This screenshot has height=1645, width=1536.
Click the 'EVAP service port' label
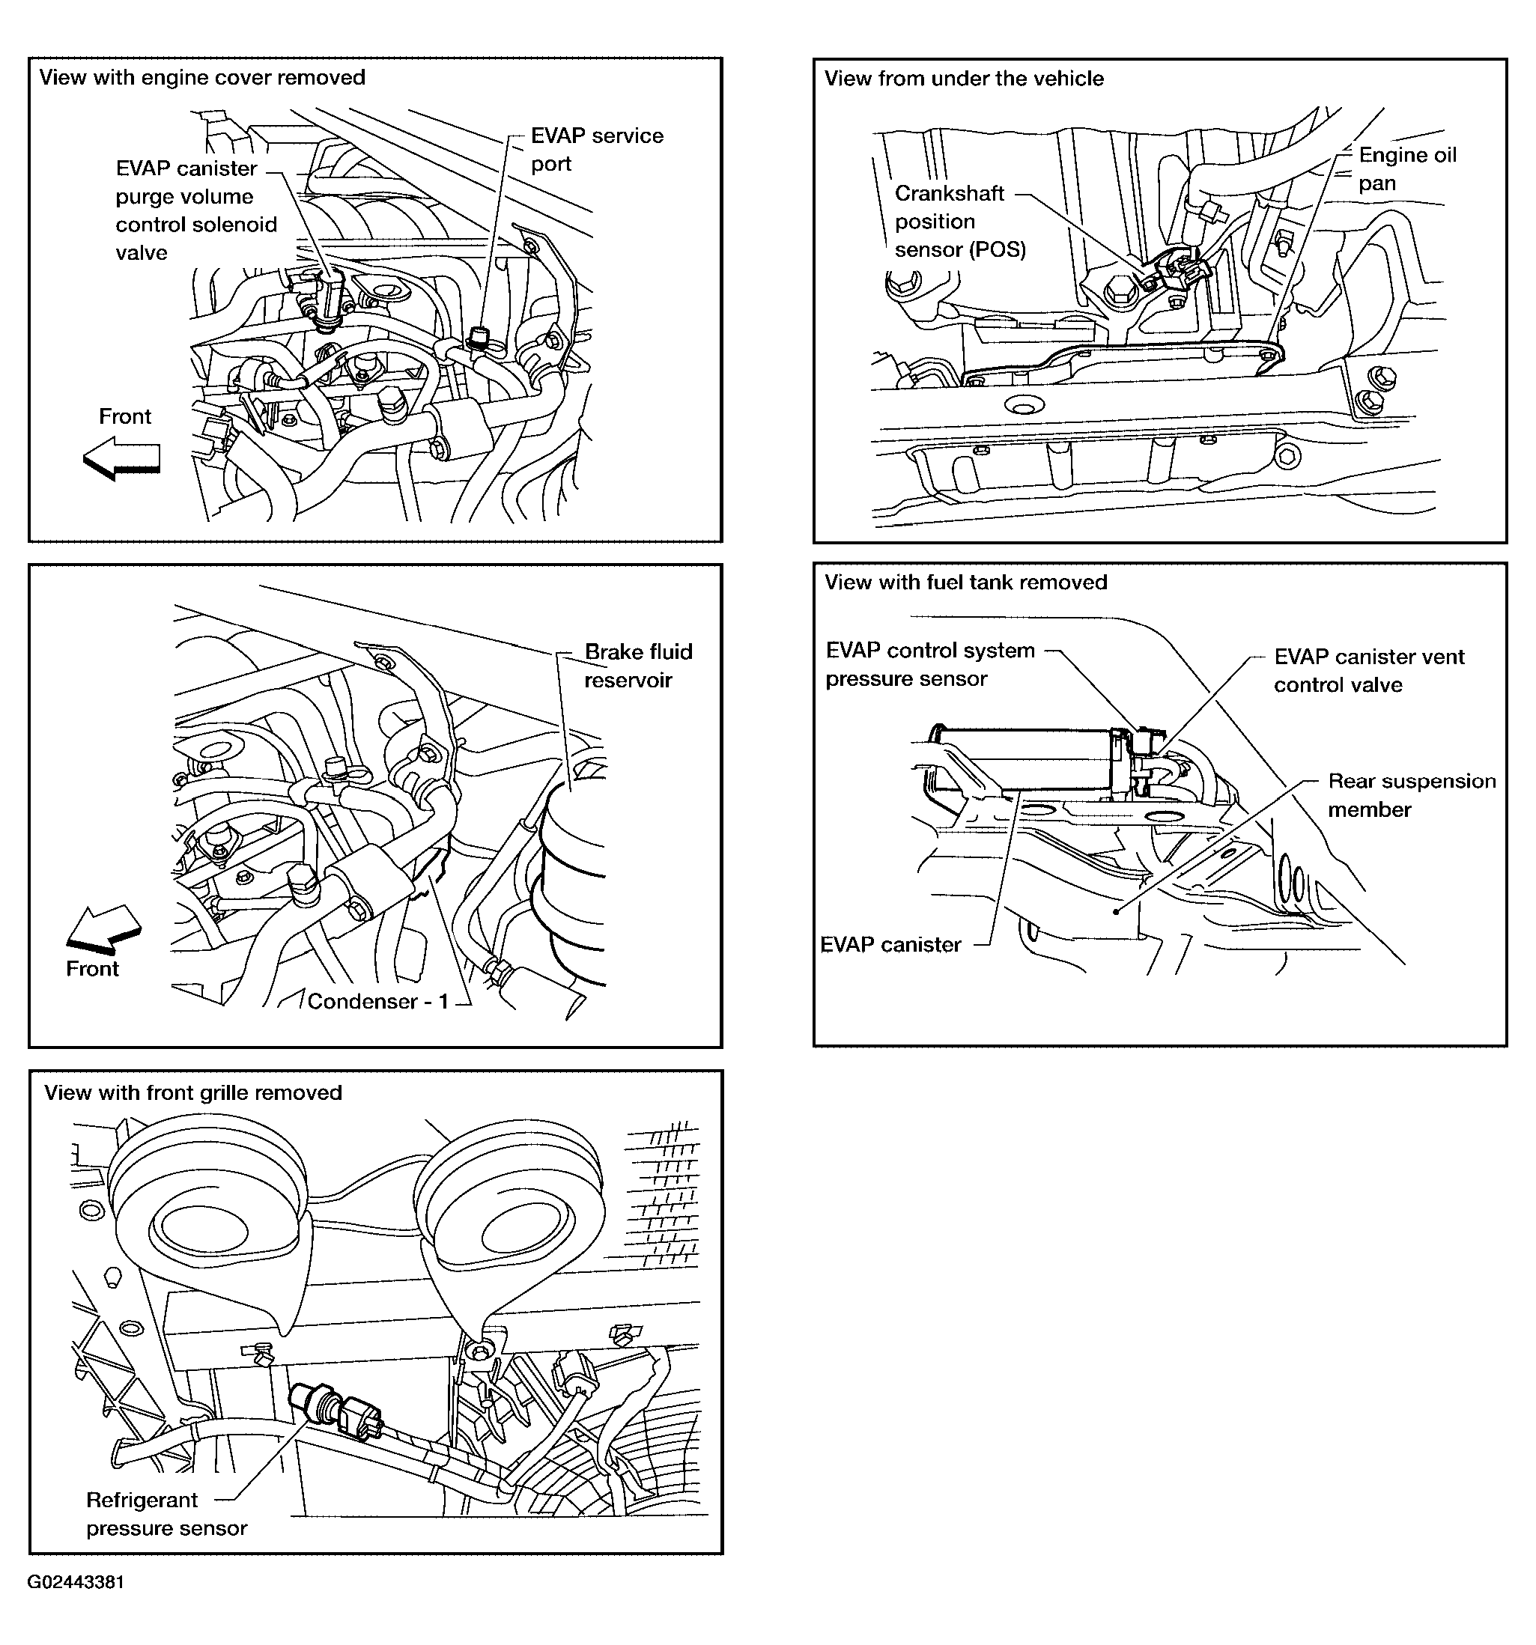596,150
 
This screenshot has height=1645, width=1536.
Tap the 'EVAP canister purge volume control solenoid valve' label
195,210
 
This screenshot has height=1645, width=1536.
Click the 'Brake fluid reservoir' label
637,666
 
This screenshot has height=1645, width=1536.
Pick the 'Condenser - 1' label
377,1001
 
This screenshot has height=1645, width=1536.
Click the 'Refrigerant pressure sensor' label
166,1513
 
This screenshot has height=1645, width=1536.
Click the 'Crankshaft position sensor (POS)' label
959,221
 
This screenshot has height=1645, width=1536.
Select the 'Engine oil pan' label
1406,168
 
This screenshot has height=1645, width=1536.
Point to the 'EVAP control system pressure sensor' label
929,664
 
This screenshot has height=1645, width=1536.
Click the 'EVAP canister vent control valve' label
1368,670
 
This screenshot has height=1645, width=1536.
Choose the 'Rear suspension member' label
1411,795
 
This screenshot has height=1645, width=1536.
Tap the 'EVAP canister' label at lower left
890,944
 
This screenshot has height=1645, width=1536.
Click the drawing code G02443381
76,1582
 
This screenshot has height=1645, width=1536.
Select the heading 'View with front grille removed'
192,1092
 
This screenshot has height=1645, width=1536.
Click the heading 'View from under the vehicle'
963,79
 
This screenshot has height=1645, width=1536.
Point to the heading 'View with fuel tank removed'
965,582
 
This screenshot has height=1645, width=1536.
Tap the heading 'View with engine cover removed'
202,77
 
